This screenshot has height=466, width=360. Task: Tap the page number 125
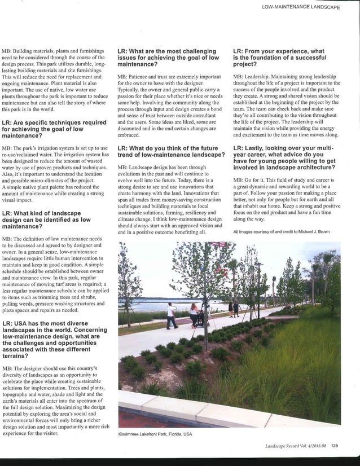tap(335, 449)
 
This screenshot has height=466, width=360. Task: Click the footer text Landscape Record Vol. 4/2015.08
tap(296, 449)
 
